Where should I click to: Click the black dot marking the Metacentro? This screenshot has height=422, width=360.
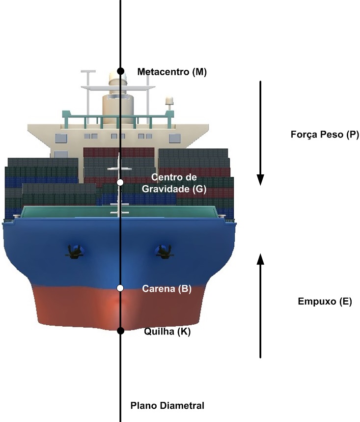pos(120,72)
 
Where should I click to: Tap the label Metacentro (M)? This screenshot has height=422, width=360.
pos(172,72)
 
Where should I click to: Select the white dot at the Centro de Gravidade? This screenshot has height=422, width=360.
pos(120,182)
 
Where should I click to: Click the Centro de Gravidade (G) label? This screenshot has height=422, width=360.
pos(171,182)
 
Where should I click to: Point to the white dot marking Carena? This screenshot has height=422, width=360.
pos(120,288)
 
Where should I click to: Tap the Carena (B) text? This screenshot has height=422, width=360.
pos(166,289)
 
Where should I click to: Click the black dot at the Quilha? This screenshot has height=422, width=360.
pos(120,331)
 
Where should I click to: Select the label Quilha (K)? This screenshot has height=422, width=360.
pos(167,332)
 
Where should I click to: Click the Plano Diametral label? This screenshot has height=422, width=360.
pos(167,406)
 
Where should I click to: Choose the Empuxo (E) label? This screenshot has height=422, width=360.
pos(318,302)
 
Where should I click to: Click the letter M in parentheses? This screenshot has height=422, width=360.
pos(198,72)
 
